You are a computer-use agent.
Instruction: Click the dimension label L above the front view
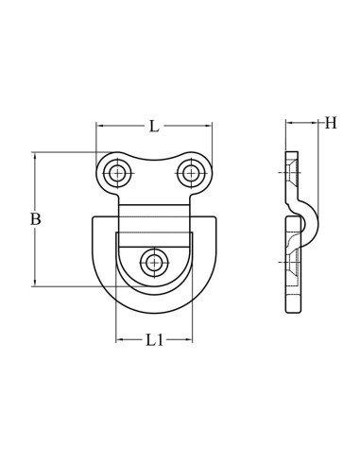pyautogui.click(x=153, y=127)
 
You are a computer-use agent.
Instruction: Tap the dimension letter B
pyautogui.click(x=35, y=219)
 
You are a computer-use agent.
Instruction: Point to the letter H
pyautogui.click(x=330, y=123)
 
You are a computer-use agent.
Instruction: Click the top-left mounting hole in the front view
pyautogui.click(x=118, y=172)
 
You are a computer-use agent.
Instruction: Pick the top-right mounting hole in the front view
pyautogui.click(x=190, y=172)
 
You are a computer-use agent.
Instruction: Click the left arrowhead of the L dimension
pyautogui.click(x=100, y=126)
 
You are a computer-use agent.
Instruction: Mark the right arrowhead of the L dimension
pyautogui.click(x=208, y=126)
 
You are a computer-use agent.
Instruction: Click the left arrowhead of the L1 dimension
pyautogui.click(x=119, y=339)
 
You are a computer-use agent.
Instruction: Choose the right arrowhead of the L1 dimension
pyautogui.click(x=188, y=339)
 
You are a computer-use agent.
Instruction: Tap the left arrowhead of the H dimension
pyautogui.click(x=288, y=123)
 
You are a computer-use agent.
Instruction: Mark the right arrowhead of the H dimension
pyautogui.click(x=314, y=123)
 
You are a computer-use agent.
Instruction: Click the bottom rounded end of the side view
pyautogui.click(x=292, y=308)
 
